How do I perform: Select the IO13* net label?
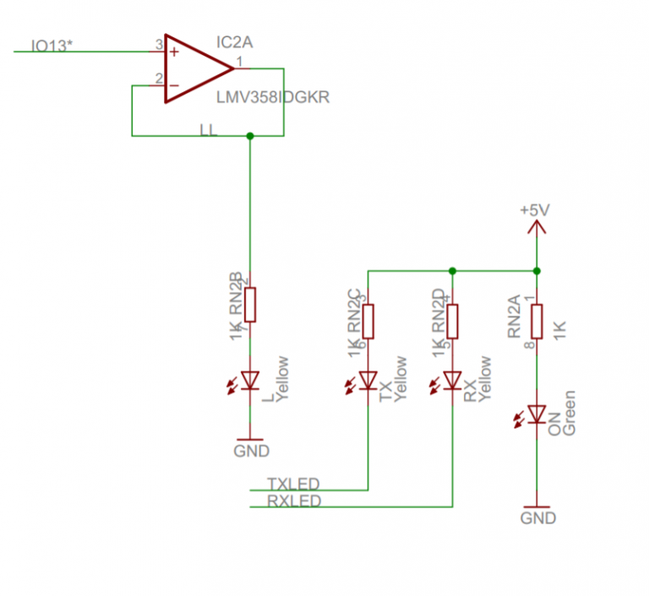click(x=52, y=45)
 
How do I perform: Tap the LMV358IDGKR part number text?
click(x=273, y=98)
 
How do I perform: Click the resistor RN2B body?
click(x=249, y=305)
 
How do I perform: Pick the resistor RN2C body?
click(x=368, y=320)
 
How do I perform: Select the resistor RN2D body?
click(x=453, y=320)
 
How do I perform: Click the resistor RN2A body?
click(x=537, y=320)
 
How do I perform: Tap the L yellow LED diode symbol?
click(x=249, y=381)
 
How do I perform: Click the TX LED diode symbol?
click(x=368, y=381)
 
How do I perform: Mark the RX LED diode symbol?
click(x=453, y=381)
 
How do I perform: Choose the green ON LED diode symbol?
click(x=537, y=414)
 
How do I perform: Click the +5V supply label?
click(x=535, y=209)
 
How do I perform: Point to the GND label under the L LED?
click(x=251, y=451)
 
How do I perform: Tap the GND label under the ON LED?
click(x=538, y=517)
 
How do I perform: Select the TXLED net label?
click(x=293, y=484)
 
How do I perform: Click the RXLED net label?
click(x=293, y=501)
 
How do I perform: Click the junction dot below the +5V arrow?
click(x=537, y=271)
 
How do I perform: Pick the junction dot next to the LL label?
click(x=249, y=135)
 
